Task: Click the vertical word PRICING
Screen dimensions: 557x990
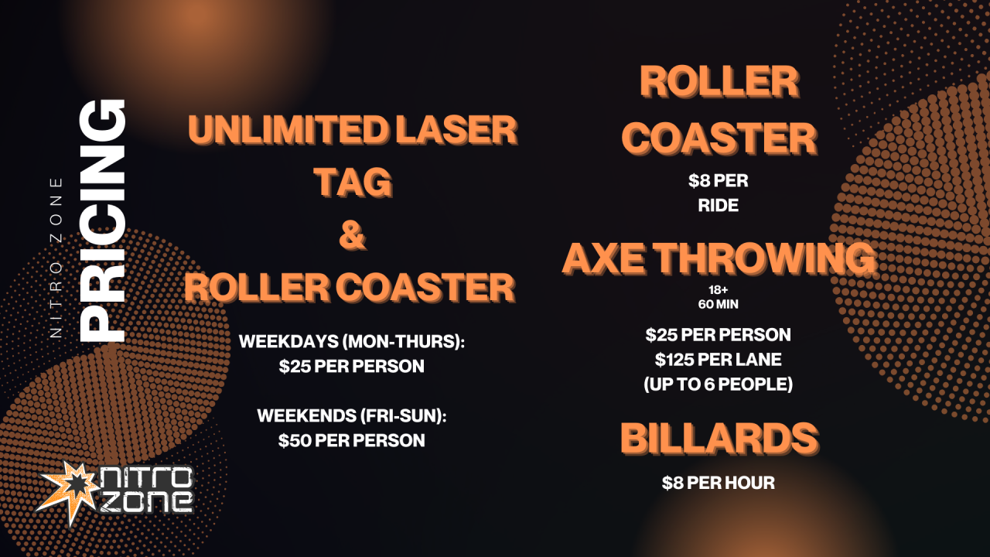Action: [104, 221]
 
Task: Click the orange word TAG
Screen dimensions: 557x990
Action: [352, 183]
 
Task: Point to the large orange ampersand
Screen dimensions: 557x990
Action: [352, 236]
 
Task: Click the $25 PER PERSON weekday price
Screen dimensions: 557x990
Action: [352, 366]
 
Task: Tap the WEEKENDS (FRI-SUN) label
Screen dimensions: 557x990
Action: [352, 415]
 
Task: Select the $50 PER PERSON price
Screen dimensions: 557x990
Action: [352, 440]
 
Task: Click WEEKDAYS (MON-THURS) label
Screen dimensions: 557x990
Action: [352, 341]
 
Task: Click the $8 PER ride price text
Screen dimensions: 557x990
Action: [719, 181]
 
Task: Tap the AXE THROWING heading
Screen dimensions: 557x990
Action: [719, 259]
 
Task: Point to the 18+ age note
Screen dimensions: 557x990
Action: [719, 291]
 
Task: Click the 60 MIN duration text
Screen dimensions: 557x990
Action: [719, 304]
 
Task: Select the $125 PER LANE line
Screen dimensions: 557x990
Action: [719, 360]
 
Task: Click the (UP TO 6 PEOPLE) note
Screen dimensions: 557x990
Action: [719, 384]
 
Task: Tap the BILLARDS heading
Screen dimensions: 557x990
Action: [719, 439]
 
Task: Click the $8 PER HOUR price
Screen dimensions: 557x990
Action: [719, 483]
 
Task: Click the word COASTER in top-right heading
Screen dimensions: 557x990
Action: [719, 139]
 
